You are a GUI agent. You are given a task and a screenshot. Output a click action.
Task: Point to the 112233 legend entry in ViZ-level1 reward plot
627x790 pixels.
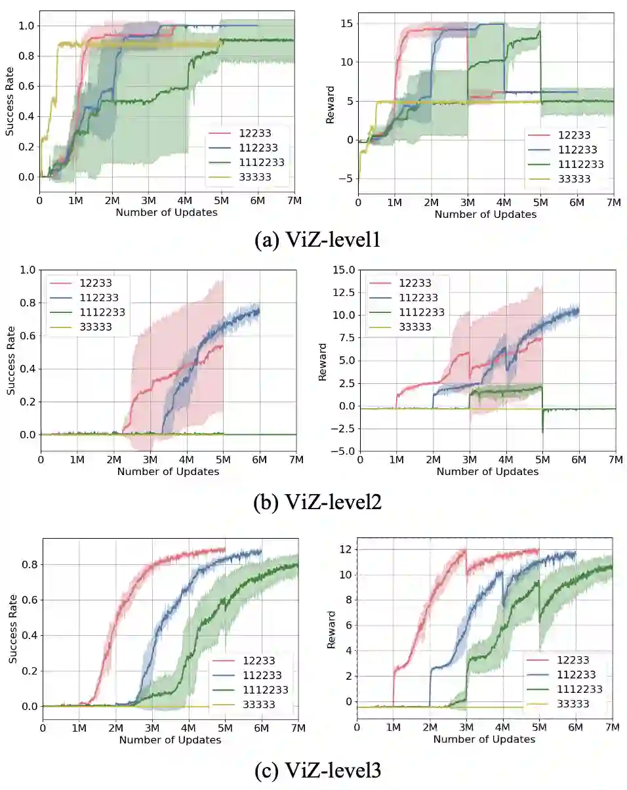(571, 150)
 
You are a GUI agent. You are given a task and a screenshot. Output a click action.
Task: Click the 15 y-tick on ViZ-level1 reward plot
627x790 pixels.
(348, 24)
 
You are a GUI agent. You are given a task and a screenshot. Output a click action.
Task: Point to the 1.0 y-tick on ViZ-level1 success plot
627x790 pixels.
(26, 26)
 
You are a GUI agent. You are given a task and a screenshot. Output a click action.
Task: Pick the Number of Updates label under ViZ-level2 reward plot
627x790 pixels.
(487, 471)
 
